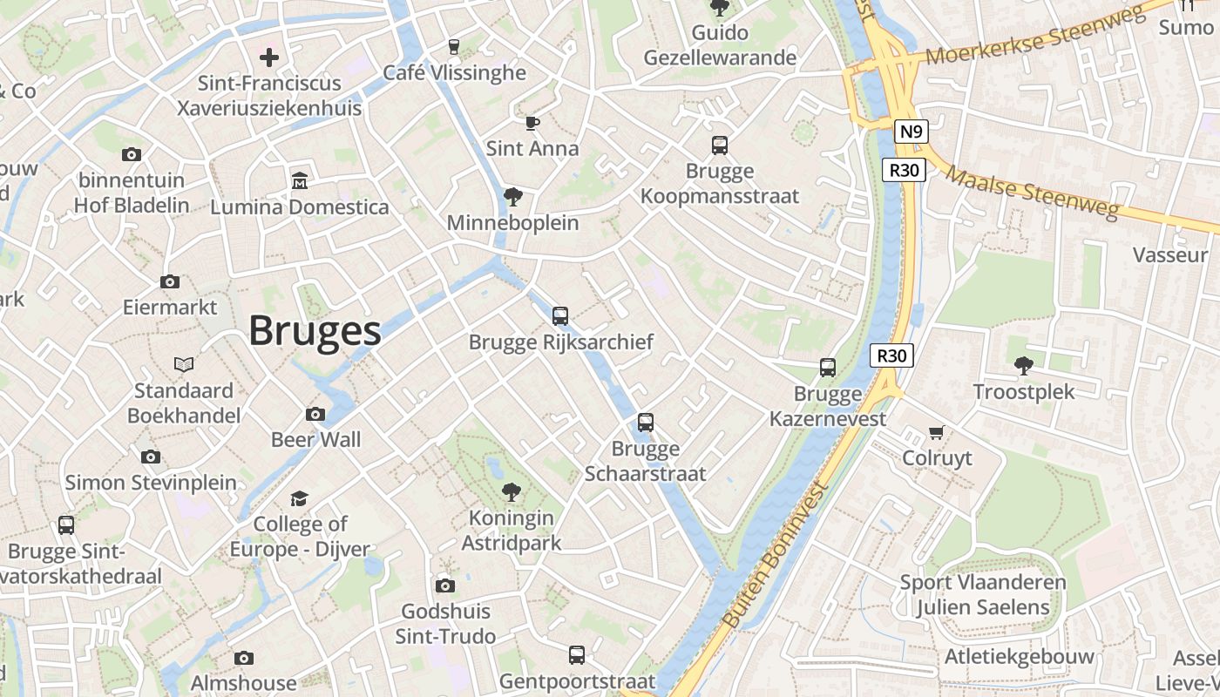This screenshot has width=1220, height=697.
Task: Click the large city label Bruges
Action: [x=315, y=331]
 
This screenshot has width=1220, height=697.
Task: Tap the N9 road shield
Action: [x=911, y=132]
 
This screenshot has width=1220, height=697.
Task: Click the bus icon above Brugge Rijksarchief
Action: [x=560, y=315]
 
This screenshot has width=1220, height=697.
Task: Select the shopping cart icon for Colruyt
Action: [x=937, y=432]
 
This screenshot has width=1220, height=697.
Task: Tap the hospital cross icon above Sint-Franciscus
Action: [x=269, y=58]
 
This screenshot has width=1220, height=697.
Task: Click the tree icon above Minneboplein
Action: [x=513, y=197]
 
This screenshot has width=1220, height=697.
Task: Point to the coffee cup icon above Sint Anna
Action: [x=532, y=123]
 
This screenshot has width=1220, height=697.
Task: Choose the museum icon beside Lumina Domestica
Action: [x=300, y=180]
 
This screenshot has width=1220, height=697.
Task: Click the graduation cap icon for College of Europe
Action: [x=299, y=498]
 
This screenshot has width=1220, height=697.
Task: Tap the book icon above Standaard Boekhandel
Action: [x=183, y=364]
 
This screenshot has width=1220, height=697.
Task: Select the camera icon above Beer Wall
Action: [x=315, y=414]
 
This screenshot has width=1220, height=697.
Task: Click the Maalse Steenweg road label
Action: [x=1032, y=193]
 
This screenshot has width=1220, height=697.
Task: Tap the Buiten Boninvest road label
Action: [x=774, y=554]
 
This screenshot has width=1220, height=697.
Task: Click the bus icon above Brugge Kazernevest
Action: [x=828, y=368]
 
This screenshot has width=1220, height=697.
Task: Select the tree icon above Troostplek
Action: [x=1024, y=365]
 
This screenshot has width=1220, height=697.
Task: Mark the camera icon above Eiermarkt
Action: [x=170, y=281]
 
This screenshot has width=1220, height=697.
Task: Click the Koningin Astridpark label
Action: [x=511, y=530]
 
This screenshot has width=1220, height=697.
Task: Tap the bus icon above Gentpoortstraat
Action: [x=577, y=654]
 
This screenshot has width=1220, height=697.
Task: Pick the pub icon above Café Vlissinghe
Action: [x=453, y=46]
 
